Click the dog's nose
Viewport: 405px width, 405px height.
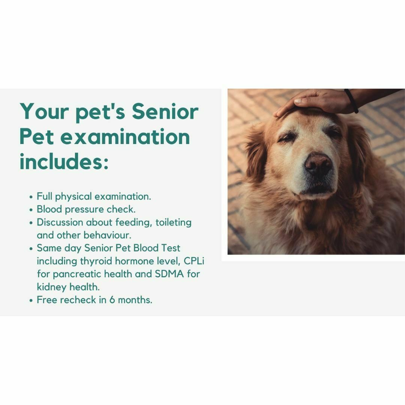pyautogui.click(x=318, y=164)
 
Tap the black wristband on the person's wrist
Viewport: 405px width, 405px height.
pyautogui.click(x=351, y=101)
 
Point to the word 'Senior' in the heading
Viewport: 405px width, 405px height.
pyautogui.click(x=165, y=112)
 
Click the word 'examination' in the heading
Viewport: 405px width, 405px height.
pyautogui.click(x=125, y=137)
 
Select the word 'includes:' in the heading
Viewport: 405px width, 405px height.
pyautogui.click(x=64, y=161)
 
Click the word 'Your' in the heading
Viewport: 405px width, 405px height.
pyautogui.click(x=44, y=112)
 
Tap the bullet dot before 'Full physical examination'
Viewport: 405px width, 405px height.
pyautogui.click(x=31, y=197)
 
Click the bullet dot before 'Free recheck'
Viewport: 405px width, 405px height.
pyautogui.click(x=31, y=301)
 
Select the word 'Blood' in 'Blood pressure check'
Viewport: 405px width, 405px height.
pyautogui.click(x=49, y=209)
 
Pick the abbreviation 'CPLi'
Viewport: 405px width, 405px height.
pyautogui.click(x=194, y=261)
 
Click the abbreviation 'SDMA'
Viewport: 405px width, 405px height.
pyautogui.click(x=169, y=274)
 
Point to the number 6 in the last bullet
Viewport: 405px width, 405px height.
pyautogui.click(x=112, y=300)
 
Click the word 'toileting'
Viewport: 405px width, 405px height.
pyautogui.click(x=173, y=223)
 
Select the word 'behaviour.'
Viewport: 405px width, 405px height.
pyautogui.click(x=107, y=235)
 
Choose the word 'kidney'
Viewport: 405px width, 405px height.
pyautogui.click(x=52, y=287)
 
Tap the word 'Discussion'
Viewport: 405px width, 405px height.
pyautogui.click(x=60, y=222)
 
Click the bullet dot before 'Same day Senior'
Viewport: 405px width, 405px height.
pyautogui.click(x=31, y=249)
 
